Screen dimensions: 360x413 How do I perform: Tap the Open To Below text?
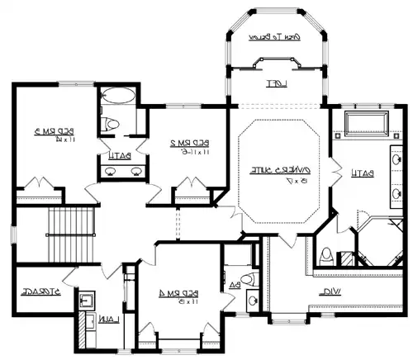274,36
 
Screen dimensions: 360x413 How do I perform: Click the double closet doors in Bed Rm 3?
40,187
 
